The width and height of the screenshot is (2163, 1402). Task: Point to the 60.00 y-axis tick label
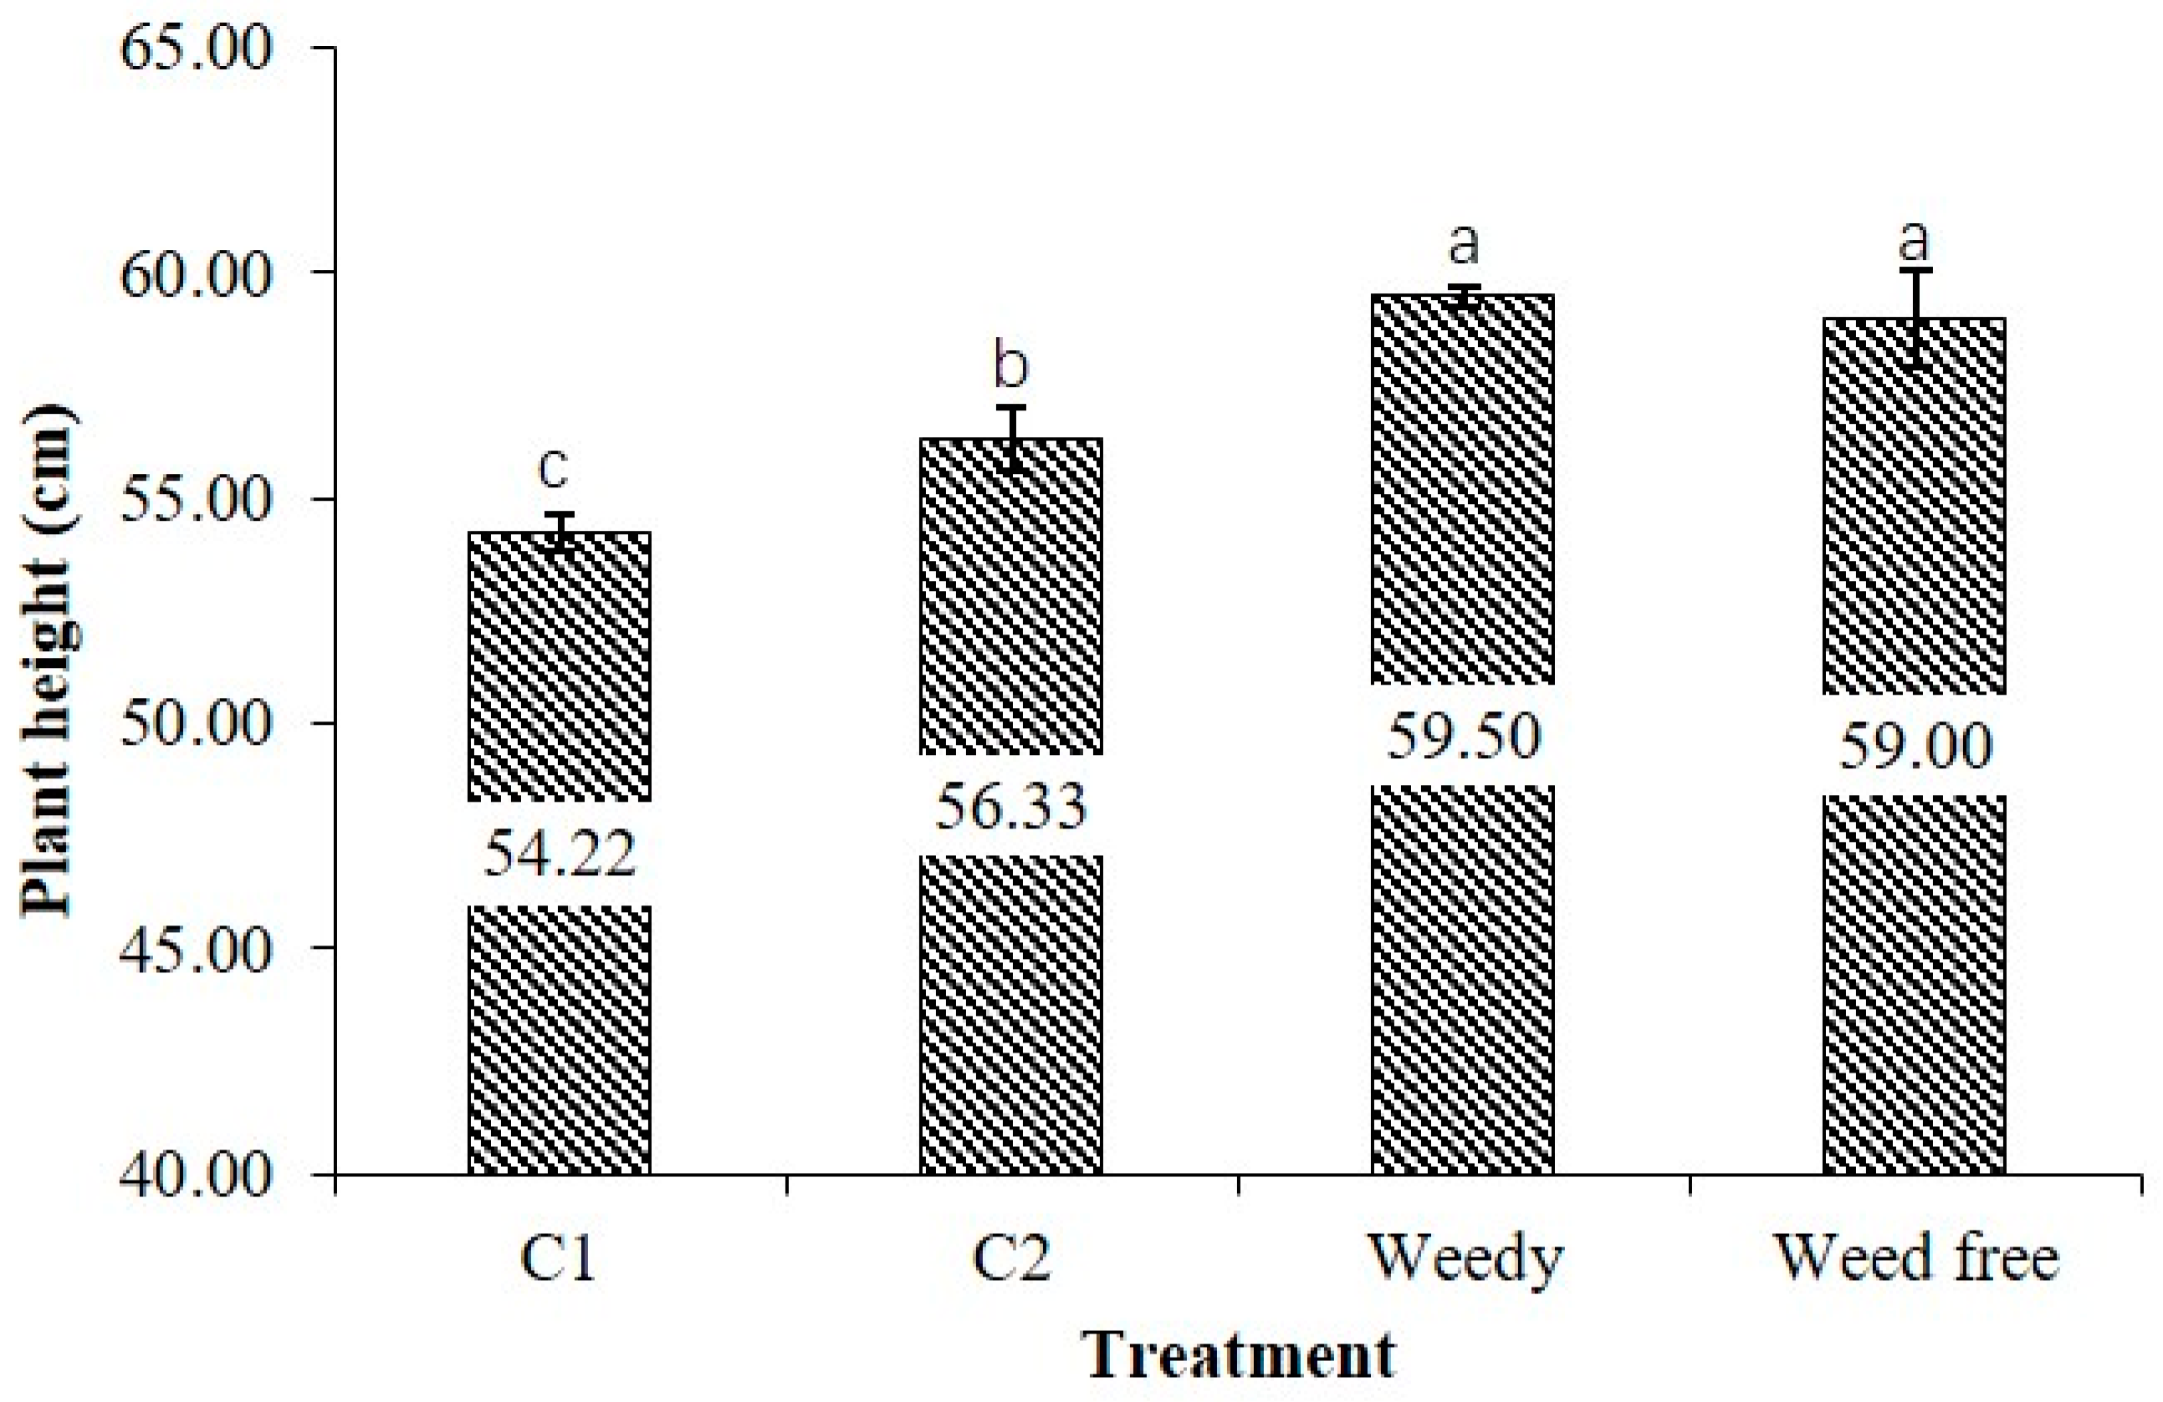[196, 273]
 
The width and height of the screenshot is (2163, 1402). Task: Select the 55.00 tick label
[196, 498]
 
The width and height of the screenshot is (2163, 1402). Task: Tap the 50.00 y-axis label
[196, 722]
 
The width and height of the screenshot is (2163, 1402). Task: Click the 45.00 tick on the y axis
[196, 948]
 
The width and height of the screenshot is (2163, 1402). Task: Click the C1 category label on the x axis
[558, 1258]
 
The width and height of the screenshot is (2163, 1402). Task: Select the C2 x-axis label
[1011, 1258]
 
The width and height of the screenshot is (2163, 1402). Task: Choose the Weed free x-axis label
[1917, 1258]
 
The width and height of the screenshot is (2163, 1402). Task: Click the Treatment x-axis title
[1240, 1354]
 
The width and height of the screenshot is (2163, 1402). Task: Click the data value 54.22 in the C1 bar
[559, 854]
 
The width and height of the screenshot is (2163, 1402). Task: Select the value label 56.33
[1011, 805]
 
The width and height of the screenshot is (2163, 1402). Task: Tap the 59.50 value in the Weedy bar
[1463, 735]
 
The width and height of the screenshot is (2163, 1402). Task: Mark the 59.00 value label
[1915, 745]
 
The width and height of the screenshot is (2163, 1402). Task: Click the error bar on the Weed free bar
[1915, 318]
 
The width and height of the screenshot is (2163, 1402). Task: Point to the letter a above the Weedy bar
[1463, 243]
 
